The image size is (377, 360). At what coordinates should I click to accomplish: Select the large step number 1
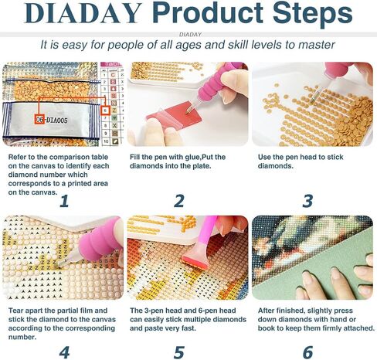63,201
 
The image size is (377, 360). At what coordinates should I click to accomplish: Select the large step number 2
179,201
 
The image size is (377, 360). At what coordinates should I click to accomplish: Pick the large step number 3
307,201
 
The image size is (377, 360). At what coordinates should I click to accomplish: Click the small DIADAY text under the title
188,34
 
